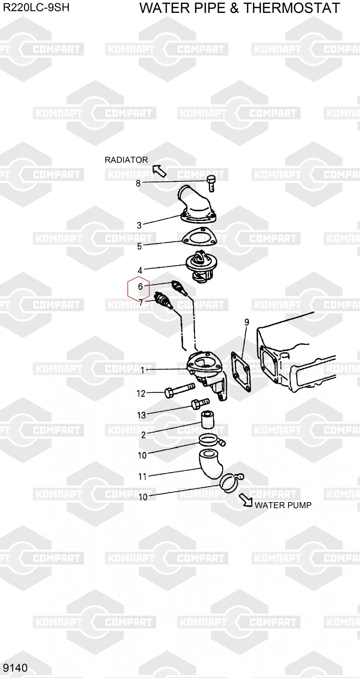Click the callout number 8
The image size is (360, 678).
[x=138, y=183]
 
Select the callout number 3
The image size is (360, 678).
[x=139, y=225]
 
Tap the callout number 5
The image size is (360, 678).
[x=139, y=246]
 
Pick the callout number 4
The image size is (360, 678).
[x=140, y=271]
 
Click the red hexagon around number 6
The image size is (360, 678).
[x=138, y=288]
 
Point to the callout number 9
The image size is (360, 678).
[x=247, y=322]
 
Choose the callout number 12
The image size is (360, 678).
[x=141, y=394]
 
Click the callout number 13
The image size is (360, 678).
[x=141, y=415]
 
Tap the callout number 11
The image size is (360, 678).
[x=142, y=477]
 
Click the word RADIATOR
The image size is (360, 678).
[x=126, y=160]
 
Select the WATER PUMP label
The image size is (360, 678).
[x=283, y=505]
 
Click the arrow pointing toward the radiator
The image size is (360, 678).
[x=159, y=171]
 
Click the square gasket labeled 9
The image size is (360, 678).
[x=241, y=372]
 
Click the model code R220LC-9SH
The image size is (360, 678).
[x=36, y=7]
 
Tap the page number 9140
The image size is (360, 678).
[x=15, y=668]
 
